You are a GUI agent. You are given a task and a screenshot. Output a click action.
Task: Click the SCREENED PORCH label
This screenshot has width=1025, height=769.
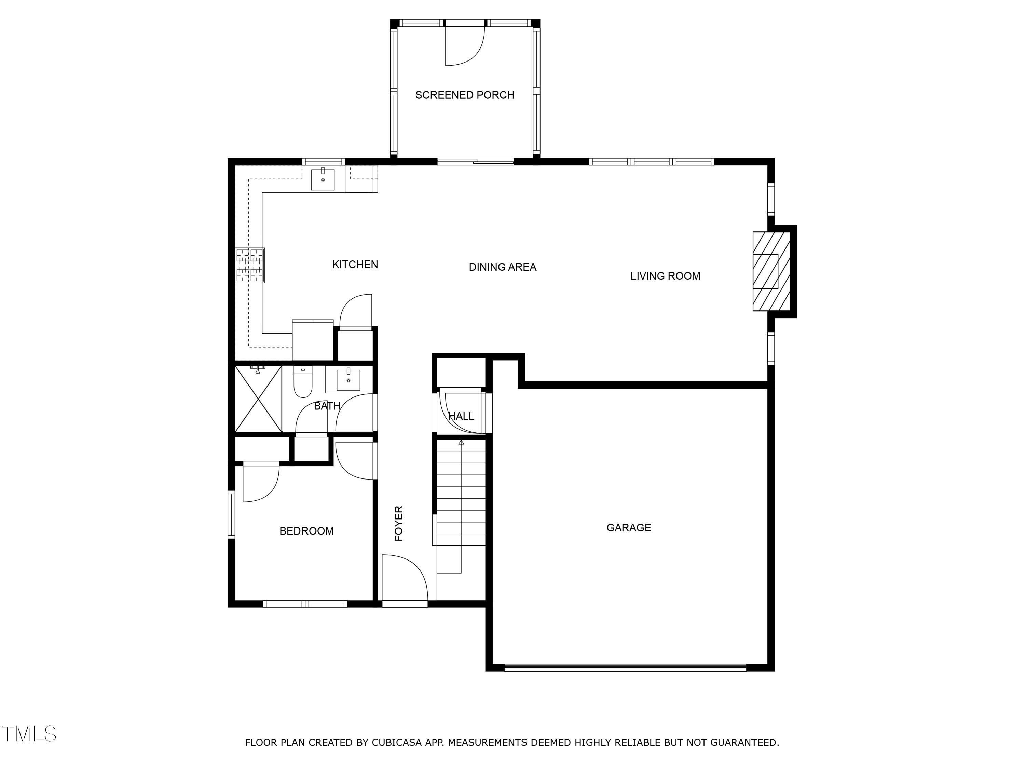coord(464,95)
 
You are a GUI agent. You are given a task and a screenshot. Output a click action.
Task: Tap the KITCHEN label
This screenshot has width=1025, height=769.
coord(355,265)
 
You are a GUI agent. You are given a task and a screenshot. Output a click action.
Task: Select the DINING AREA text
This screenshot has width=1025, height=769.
coord(502,267)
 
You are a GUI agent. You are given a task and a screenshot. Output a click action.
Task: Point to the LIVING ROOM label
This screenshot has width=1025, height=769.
coord(665,276)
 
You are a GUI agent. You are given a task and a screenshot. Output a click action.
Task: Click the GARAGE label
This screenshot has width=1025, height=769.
coord(628,527)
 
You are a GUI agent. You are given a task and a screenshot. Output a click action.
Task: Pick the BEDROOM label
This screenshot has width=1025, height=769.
coord(306,531)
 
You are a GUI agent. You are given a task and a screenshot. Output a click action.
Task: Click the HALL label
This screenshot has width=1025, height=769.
coord(461,416)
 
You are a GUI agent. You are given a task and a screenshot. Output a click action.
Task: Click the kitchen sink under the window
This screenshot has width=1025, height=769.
coord(323,179)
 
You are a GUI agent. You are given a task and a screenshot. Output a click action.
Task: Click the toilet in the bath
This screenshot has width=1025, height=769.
coord(303,382)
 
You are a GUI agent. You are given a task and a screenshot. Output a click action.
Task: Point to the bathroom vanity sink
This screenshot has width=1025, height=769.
coord(348,380)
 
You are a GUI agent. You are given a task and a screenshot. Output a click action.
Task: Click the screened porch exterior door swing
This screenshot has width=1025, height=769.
coord(463,46)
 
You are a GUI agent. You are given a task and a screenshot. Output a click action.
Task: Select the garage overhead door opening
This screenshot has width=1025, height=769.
coord(625,667)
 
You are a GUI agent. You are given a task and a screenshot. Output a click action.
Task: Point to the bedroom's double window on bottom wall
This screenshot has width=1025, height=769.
coord(305,604)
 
